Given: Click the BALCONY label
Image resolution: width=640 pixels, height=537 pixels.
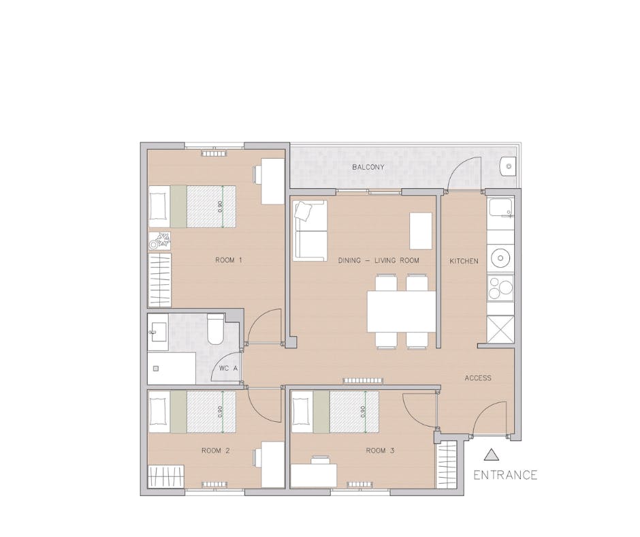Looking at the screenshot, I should pos(368,167).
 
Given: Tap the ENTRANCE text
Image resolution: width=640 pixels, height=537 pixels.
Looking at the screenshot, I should pos(505,475).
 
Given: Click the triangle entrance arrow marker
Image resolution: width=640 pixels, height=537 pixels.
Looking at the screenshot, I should pos(491,455).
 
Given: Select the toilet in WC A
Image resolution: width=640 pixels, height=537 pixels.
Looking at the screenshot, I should pos(214,329).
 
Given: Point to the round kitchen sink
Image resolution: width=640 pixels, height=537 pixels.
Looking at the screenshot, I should pos(502,258).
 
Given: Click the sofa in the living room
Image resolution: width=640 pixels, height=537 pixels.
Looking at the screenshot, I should pos(310,230).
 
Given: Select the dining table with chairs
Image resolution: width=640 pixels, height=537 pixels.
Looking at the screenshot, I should pos(402,311).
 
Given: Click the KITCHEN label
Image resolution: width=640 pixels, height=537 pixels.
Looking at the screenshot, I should pos(464,261).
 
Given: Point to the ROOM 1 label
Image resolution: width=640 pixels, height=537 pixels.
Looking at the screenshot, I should pos(228,260).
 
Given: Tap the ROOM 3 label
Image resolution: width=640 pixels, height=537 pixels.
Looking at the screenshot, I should pos(380,450).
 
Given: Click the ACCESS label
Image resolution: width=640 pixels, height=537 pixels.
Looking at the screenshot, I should pos(477,378).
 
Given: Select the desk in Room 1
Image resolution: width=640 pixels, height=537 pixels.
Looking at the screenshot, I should pos(272,181).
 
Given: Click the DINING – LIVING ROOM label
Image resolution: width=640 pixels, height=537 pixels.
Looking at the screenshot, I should pos(379,260).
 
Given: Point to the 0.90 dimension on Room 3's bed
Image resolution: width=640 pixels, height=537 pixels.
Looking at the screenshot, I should pos(364,411).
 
